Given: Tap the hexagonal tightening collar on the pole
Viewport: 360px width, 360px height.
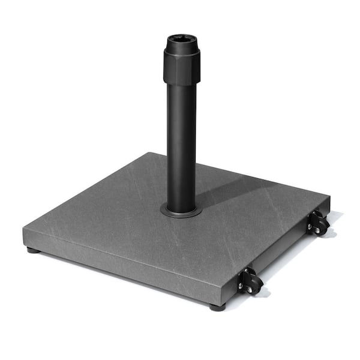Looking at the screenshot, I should [x=181, y=67].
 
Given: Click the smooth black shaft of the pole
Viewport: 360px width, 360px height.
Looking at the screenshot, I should [x=181, y=144].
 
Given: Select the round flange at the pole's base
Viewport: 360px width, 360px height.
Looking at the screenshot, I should [x=181, y=211].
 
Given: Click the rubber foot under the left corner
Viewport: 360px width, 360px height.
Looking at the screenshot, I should [x=33, y=250].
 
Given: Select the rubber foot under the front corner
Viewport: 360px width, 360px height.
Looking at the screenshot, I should [x=217, y=307].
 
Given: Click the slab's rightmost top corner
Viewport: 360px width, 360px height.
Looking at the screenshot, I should [x=329, y=196].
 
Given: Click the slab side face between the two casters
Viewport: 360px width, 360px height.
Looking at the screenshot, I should [x=282, y=246].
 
